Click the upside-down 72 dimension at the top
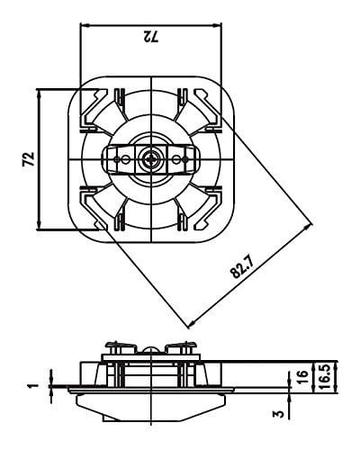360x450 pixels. click(149, 38)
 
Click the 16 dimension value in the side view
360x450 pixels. click(302, 377)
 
